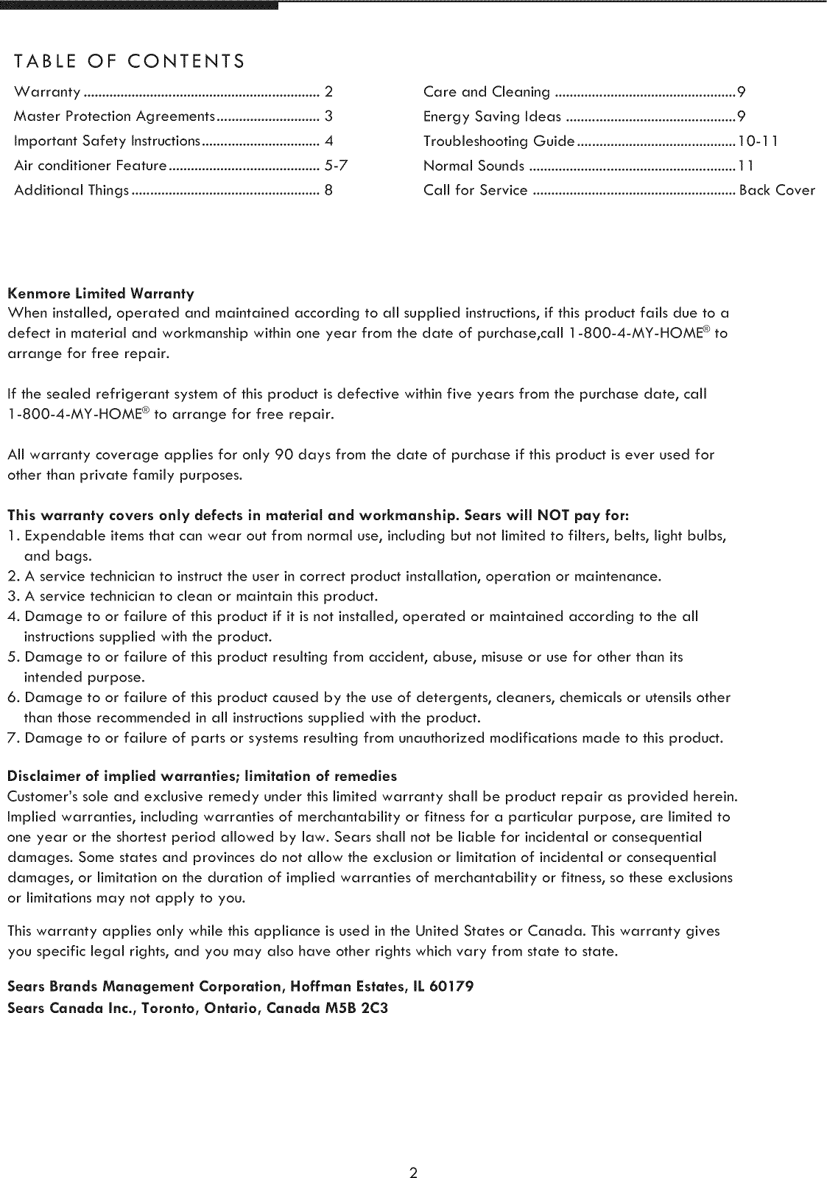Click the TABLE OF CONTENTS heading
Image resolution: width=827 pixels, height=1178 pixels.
tap(129, 60)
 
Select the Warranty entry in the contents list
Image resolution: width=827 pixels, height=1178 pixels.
tap(47, 92)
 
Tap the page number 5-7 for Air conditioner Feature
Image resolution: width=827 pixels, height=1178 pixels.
tap(336, 166)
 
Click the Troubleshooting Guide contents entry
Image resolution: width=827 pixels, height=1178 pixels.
tap(499, 141)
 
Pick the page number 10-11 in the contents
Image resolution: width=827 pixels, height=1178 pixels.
tap(757, 141)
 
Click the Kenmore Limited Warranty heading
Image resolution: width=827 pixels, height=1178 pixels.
tap(101, 294)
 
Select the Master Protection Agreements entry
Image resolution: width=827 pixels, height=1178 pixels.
tap(114, 116)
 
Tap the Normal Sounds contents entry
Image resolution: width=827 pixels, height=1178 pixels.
tap(474, 166)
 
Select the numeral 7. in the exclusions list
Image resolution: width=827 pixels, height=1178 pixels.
tap(13, 738)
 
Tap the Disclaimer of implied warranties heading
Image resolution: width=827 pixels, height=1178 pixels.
tap(202, 776)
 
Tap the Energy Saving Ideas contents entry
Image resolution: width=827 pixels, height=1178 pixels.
tap(492, 116)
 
